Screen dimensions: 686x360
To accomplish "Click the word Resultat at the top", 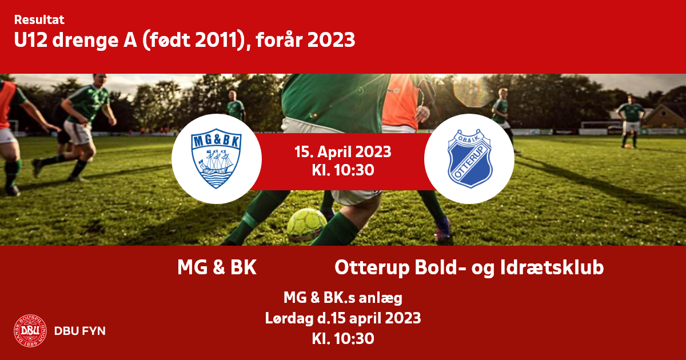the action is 39,20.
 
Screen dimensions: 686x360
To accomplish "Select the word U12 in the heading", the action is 31,40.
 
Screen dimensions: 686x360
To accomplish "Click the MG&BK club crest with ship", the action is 216,158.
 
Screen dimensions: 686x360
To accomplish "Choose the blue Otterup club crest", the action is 469,158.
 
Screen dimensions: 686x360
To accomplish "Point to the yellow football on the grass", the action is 306,225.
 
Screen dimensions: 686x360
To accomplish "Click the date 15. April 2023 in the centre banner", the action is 342,152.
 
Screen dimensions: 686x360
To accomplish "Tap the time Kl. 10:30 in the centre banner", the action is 342,170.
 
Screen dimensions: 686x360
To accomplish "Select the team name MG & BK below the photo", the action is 217,267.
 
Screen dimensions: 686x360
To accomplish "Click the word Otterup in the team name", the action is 372,268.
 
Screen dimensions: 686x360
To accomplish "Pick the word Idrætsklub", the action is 552,267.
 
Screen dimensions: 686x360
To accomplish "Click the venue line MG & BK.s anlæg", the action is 342,298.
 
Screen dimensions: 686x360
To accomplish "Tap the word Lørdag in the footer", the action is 289,318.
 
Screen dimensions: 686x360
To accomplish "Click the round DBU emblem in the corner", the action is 30,331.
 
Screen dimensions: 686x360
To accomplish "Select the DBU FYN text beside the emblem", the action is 79,331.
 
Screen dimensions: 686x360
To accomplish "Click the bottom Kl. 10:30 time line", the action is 342,339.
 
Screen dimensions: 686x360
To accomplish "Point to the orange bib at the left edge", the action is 7,103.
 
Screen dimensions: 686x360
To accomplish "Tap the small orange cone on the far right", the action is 628,146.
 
